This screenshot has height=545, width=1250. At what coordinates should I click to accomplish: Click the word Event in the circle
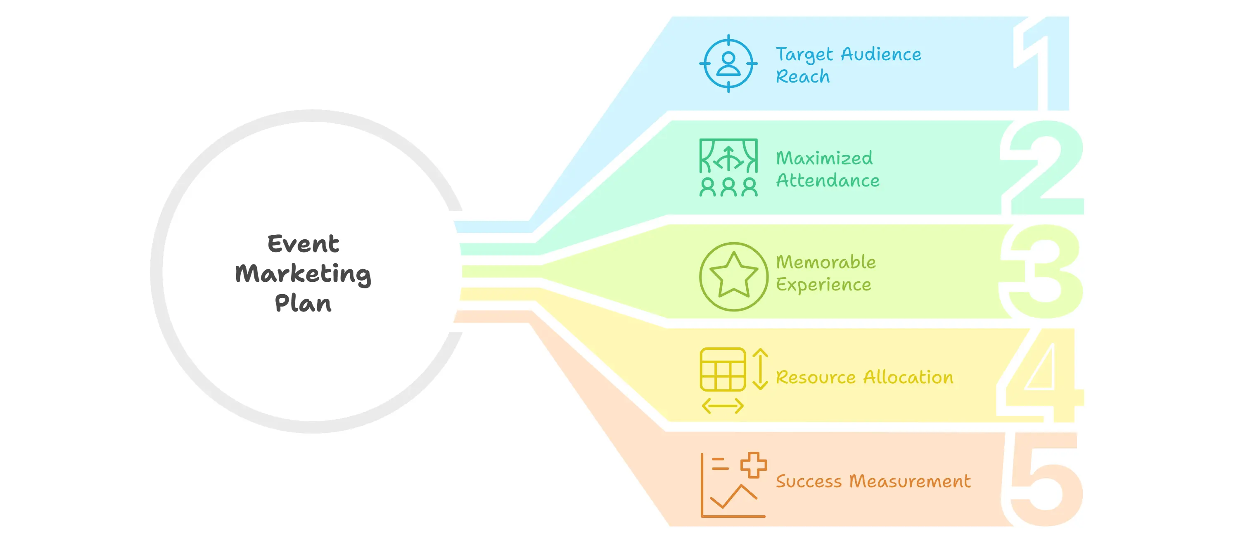[x=303, y=243]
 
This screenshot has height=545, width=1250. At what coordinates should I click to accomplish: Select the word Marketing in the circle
[x=303, y=274]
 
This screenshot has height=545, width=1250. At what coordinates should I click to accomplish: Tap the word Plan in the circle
[x=303, y=304]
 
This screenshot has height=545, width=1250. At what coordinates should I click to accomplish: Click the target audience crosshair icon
[x=728, y=64]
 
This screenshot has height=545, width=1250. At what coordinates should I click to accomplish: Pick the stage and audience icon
[x=728, y=167]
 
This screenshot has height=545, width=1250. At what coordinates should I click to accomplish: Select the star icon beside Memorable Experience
[x=733, y=276]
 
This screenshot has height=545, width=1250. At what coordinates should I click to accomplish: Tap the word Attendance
[x=828, y=181]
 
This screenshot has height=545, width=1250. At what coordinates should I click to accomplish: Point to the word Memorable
[x=826, y=262]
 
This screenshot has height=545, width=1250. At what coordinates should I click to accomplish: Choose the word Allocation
[x=908, y=377]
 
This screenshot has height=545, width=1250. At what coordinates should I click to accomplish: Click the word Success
[x=809, y=481]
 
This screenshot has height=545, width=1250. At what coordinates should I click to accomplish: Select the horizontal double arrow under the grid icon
[x=723, y=406]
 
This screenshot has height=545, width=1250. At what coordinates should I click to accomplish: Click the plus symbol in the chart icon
[x=753, y=465]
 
